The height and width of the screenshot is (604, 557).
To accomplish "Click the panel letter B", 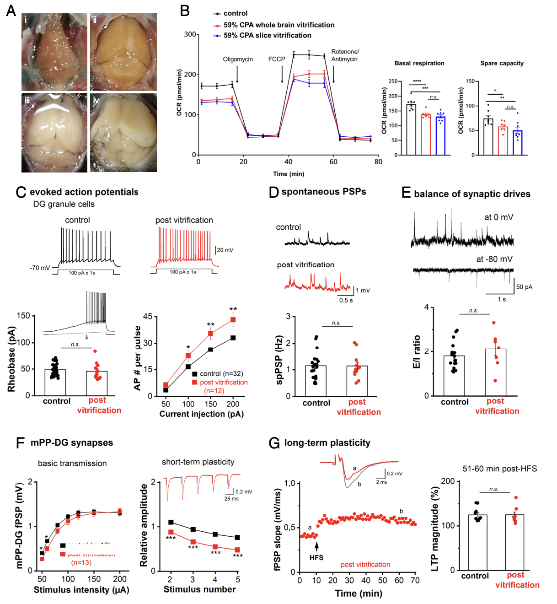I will [185, 11].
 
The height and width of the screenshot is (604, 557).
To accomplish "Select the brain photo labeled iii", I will [54, 133].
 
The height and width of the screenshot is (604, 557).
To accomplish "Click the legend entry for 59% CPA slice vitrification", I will [267, 35].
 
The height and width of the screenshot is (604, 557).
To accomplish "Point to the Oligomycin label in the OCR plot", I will [238, 59].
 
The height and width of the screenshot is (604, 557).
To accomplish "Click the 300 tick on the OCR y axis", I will [190, 34].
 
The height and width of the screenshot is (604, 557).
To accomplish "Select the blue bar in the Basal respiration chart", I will [440, 135].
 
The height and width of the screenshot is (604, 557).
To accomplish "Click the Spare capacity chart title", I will [502, 63].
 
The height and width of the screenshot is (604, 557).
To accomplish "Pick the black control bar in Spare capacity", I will [488, 137].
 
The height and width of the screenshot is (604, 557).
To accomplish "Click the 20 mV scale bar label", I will [225, 250].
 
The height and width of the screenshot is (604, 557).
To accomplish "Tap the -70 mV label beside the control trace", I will [40, 268].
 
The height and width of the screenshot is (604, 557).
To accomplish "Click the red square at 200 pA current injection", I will [233, 320].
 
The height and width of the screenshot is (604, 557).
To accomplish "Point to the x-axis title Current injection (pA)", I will [201, 414].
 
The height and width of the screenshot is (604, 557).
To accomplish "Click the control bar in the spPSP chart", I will [316, 381].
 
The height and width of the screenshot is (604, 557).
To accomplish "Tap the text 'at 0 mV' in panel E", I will [498, 217].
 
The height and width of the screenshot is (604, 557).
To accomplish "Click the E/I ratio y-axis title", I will [417, 351].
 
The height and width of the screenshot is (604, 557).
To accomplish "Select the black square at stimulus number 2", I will [171, 522].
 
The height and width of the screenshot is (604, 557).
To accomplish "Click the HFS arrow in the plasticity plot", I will [316, 546].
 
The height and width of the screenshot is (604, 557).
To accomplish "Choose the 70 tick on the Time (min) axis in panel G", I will [415, 581].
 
